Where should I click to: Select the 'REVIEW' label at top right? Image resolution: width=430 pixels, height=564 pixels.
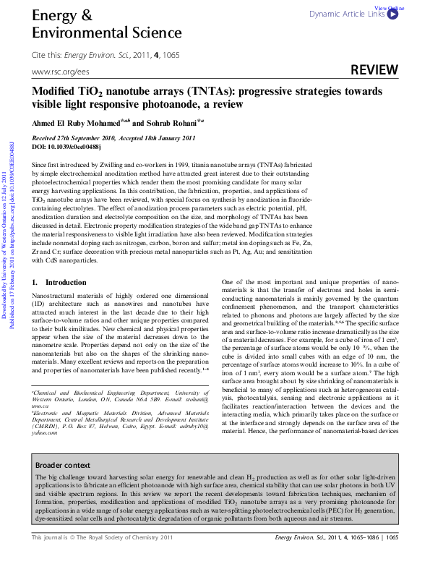pyautogui.click(x=374, y=70)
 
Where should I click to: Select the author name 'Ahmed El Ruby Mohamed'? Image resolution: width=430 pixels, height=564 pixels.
pyautogui.click(x=77, y=124)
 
